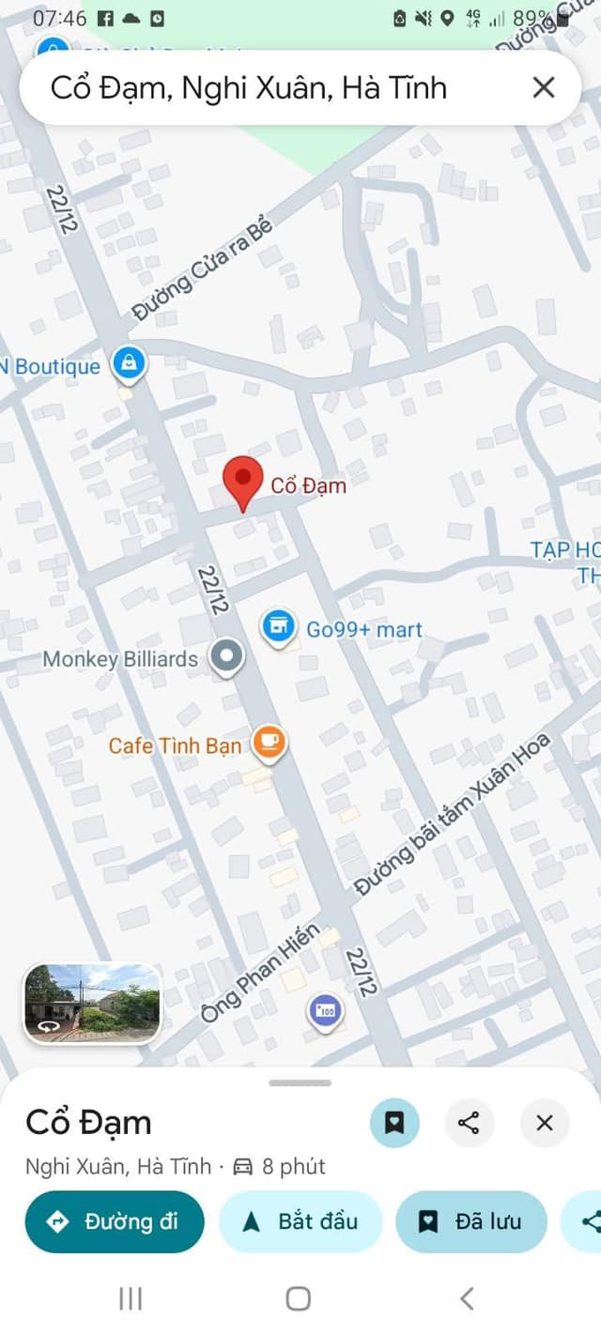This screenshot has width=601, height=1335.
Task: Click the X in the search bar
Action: tap(544, 88)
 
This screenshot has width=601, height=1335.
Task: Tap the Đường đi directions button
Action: tap(115, 1221)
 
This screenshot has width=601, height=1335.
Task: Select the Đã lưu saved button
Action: tap(471, 1221)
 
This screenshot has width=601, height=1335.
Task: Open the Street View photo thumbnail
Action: tap(92, 1004)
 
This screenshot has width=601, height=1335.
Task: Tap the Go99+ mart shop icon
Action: tap(278, 625)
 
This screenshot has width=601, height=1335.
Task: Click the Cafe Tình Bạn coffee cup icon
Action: tap(270, 744)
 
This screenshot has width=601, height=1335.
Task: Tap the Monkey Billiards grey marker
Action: tap(225, 657)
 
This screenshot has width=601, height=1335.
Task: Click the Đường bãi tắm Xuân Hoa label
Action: tap(452, 816)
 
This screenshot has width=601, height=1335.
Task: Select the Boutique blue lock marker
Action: tap(129, 363)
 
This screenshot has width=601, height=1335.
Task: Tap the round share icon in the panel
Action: tap(470, 1123)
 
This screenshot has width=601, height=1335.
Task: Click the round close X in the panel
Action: tap(545, 1123)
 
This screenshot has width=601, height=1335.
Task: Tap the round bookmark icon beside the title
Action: tap(394, 1123)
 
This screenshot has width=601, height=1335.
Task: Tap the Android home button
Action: tap(299, 1298)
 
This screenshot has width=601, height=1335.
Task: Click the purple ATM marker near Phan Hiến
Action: tap(325, 1012)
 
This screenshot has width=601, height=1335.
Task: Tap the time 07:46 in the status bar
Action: tap(59, 19)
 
